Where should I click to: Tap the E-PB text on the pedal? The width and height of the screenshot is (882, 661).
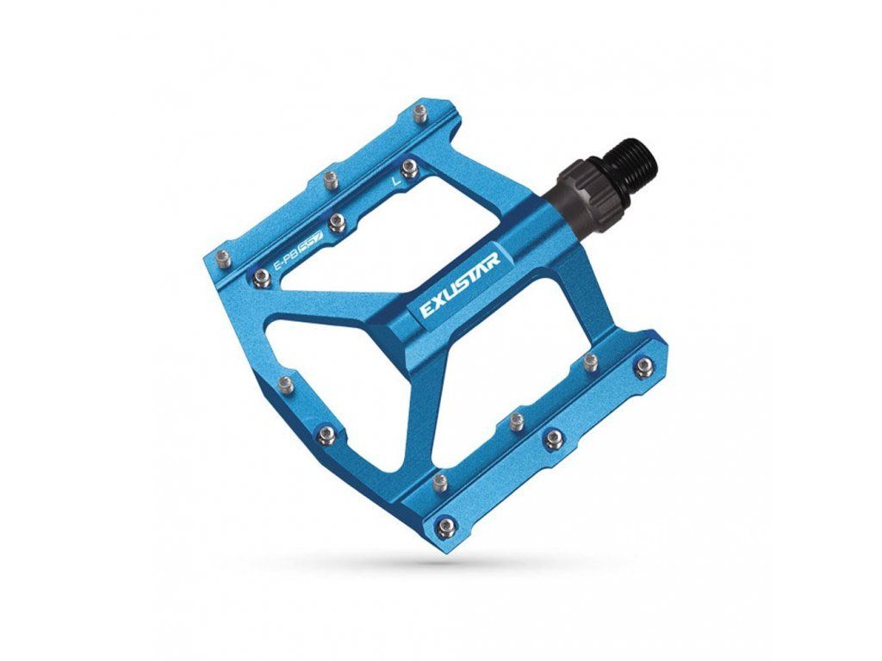click(285, 259)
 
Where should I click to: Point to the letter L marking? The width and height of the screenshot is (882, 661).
click(396, 181)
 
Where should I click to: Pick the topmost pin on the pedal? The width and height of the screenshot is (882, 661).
click(419, 112)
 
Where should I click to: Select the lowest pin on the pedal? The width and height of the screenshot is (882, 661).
click(445, 525)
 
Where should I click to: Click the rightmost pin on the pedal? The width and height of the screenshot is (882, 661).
click(643, 367)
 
